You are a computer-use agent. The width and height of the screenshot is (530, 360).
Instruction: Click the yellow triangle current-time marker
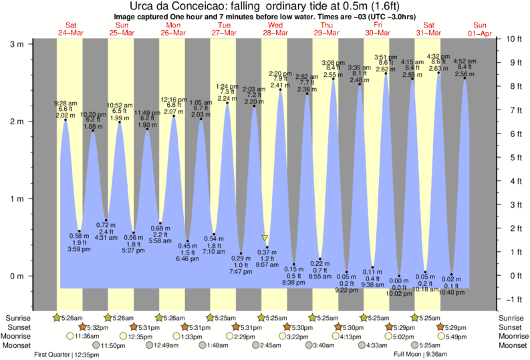point(265,238)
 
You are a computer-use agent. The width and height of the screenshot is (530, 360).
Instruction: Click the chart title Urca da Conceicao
point(265,6)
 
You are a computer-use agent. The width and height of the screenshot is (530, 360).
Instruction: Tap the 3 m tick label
point(17,44)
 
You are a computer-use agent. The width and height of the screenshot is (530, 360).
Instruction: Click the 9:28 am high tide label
point(66,103)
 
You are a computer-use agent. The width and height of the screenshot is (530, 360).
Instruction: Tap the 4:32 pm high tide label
point(438,57)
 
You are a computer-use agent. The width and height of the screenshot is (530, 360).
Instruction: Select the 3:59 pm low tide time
point(80,249)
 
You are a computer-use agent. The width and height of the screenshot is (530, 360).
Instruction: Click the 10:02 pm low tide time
point(399,293)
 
